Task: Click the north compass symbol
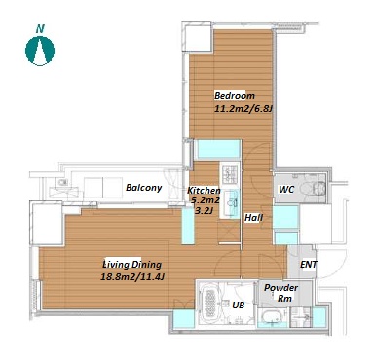40,51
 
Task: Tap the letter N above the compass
40,29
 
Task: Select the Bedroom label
235,96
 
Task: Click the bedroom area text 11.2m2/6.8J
243,108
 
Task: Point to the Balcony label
143,188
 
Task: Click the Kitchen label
204,191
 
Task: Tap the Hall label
253,218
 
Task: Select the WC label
286,189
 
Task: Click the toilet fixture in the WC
313,188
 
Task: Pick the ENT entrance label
309,265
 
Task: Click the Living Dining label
132,265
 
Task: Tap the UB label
238,305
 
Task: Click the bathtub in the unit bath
210,303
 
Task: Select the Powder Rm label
280,293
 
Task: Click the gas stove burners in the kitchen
230,173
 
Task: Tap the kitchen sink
232,202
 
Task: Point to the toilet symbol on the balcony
61,182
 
